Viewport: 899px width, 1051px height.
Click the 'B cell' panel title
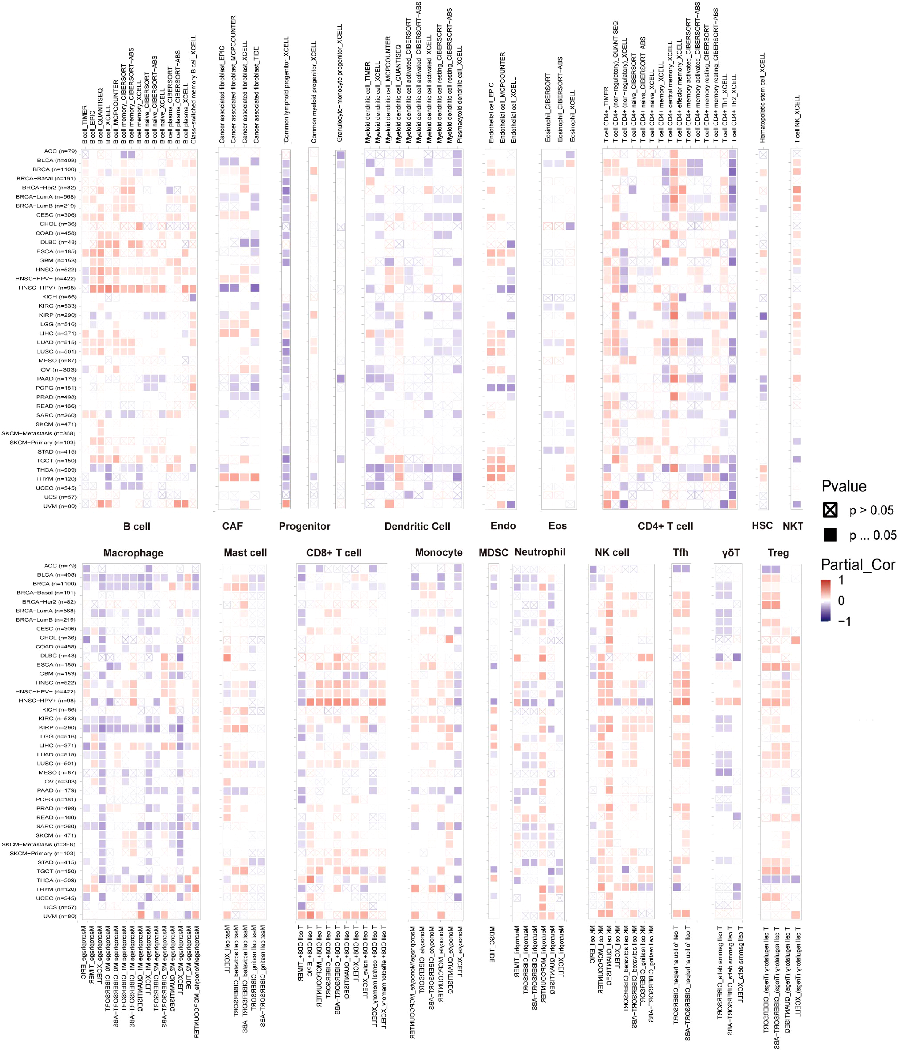[x=137, y=526]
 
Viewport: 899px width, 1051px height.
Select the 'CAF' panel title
[x=232, y=526]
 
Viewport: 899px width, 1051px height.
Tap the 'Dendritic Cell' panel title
[x=417, y=526]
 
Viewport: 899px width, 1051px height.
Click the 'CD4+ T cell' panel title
[x=665, y=526]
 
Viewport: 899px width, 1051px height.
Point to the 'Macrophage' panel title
[x=133, y=553]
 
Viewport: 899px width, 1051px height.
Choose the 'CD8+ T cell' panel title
[x=333, y=553]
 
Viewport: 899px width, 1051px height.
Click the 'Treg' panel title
[x=778, y=553]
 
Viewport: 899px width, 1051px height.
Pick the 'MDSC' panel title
[x=493, y=553]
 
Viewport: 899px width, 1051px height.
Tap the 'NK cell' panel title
[x=611, y=553]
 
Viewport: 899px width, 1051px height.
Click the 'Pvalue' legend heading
[x=844, y=486]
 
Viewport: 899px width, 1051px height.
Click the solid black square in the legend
[x=830, y=535]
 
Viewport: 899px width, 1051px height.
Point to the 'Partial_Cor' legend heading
[x=858, y=565]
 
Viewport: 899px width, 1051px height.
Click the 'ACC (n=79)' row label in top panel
[x=60, y=151]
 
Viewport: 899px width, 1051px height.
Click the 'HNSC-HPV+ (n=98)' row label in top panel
[x=47, y=288]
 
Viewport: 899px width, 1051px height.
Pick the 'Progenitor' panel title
[x=304, y=526]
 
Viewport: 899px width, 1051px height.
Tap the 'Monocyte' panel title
[x=438, y=553]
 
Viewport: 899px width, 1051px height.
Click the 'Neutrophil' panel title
[x=539, y=552]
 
